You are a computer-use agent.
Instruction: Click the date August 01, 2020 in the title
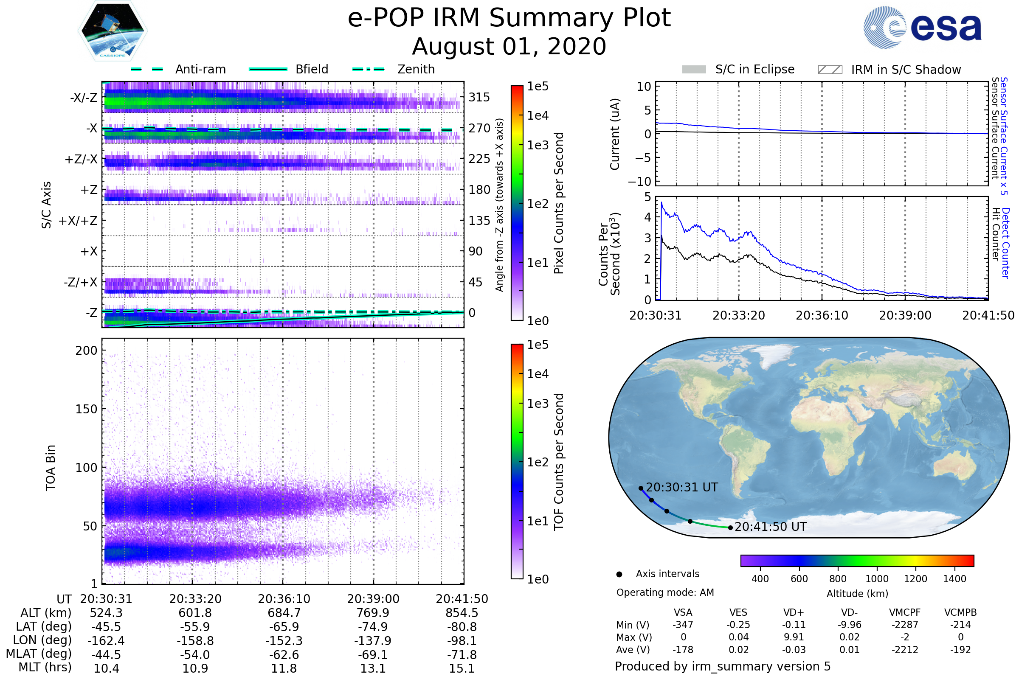click(509, 47)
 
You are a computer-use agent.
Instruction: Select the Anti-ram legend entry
click(178, 69)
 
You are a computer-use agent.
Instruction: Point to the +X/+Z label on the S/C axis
click(78, 221)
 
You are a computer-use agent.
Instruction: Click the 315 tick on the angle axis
click(479, 97)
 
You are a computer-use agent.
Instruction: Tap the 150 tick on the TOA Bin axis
click(86, 409)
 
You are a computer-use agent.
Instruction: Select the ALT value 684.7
click(284, 613)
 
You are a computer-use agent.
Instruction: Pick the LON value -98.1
click(462, 641)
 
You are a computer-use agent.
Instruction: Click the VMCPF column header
click(905, 613)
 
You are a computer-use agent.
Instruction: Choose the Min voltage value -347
click(683, 625)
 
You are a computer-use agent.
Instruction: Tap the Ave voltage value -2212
click(905, 650)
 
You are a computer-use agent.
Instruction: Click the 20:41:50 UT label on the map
click(770, 527)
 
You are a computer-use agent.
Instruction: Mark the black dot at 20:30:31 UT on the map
click(641, 488)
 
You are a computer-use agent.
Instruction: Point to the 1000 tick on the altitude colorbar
click(877, 579)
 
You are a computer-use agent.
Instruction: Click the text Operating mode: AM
click(665, 592)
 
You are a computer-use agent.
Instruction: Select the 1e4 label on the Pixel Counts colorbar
click(538, 115)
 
